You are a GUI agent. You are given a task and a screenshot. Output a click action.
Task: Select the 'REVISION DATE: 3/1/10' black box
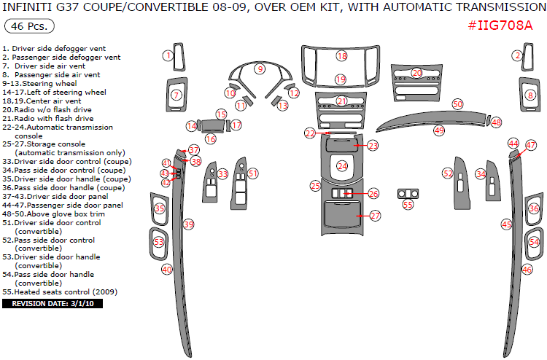coord(53,303)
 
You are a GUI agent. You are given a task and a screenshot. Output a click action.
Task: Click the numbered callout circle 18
coord(341,56)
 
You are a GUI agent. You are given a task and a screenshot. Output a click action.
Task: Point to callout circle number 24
coord(342,166)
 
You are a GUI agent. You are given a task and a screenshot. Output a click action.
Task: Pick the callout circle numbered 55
coord(408,205)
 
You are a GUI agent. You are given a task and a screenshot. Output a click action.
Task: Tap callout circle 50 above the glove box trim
coord(457,104)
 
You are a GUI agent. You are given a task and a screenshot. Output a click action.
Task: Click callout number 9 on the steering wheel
coord(259,69)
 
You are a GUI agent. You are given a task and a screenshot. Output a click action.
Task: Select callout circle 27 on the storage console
coord(375,216)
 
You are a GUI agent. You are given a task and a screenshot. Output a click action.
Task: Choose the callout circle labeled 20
coord(416,73)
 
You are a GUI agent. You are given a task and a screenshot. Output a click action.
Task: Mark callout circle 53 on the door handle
coord(159,241)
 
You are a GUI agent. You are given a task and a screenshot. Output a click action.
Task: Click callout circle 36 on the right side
coord(534,209)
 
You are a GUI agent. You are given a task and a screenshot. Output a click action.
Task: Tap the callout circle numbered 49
coord(439,130)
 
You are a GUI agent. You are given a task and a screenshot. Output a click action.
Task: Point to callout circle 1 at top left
coord(168,55)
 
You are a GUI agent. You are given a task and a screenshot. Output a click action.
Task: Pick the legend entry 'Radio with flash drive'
coord(48,118)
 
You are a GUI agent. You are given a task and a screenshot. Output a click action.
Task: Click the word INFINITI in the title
coord(30,7)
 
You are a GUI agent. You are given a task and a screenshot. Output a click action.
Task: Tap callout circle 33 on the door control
coord(223,174)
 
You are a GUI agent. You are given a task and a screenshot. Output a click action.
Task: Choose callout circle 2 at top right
coord(518,55)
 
